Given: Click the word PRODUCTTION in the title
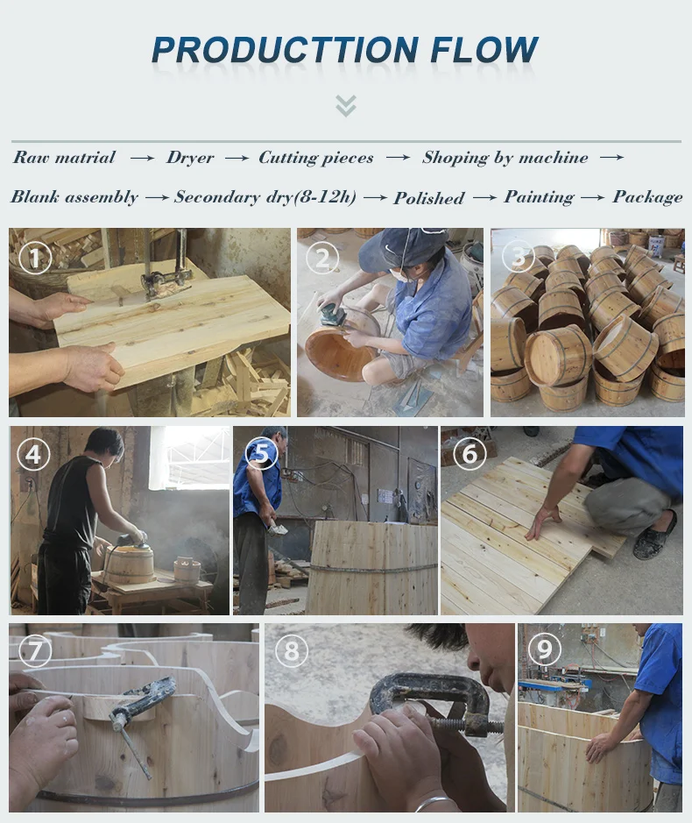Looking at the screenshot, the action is tap(286, 50).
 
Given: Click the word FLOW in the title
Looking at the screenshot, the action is tap(484, 50).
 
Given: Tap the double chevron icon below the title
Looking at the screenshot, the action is tap(346, 106).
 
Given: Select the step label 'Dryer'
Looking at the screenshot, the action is tap(190, 158).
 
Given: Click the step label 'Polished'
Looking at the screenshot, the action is tap(429, 198).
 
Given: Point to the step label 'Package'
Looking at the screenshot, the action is tap(647, 197).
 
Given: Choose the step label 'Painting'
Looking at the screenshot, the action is tap(539, 197).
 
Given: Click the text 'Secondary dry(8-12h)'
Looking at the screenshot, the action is tap(265, 197).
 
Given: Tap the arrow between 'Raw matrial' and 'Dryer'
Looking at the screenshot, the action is tap(142, 158).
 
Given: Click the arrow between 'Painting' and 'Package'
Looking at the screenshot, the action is tap(593, 197).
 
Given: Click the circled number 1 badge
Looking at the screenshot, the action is tap(35, 257).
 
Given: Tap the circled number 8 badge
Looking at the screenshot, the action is tap(291, 651).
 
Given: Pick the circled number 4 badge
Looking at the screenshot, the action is tap(33, 454).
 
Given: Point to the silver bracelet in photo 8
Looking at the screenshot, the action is tap(436, 804).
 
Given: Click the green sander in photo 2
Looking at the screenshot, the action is tap(334, 316).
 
